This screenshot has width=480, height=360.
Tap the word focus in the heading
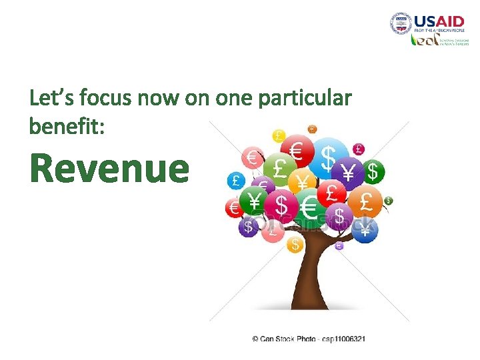pos(105,99)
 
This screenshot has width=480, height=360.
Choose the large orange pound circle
pos(366,201)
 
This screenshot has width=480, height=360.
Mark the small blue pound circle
pos(235,181)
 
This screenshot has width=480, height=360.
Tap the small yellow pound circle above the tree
pos(279,136)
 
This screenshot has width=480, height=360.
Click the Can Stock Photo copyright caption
pos(308,339)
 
